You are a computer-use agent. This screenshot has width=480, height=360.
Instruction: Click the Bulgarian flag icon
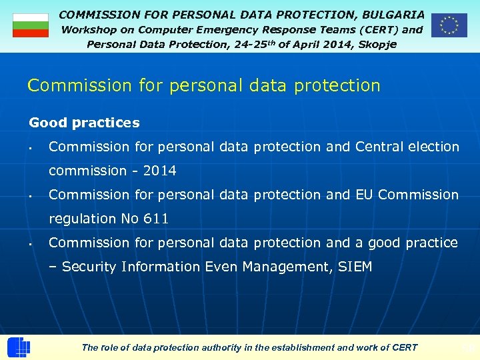pos(31,25)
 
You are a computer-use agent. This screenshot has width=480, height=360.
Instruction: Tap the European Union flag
pos(449,25)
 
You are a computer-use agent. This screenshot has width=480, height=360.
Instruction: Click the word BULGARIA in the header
pos(393,14)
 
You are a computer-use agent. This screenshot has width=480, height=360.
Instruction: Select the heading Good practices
pos(84,123)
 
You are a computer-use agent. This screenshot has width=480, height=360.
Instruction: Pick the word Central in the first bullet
pos(379,147)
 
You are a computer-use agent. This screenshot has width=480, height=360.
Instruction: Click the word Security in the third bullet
pos(89,267)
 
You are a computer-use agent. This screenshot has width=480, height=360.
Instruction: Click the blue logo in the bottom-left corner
pos(19,347)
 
